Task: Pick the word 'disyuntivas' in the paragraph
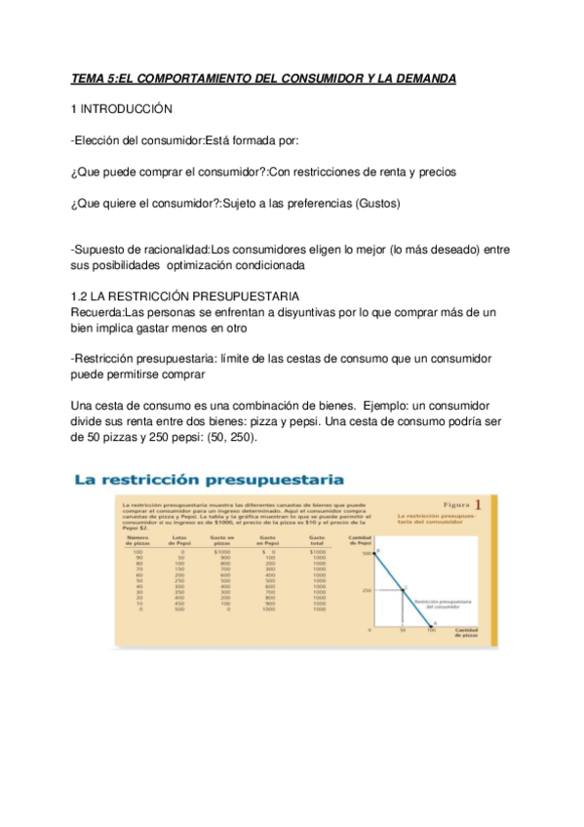coord(292,312)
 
